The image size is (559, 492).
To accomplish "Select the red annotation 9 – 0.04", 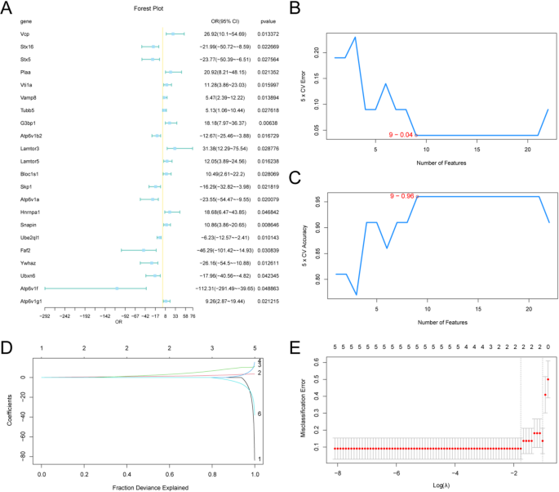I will coord(402,134).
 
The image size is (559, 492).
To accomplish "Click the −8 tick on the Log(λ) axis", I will coord(335,472).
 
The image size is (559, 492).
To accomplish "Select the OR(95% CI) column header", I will coord(215,20).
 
